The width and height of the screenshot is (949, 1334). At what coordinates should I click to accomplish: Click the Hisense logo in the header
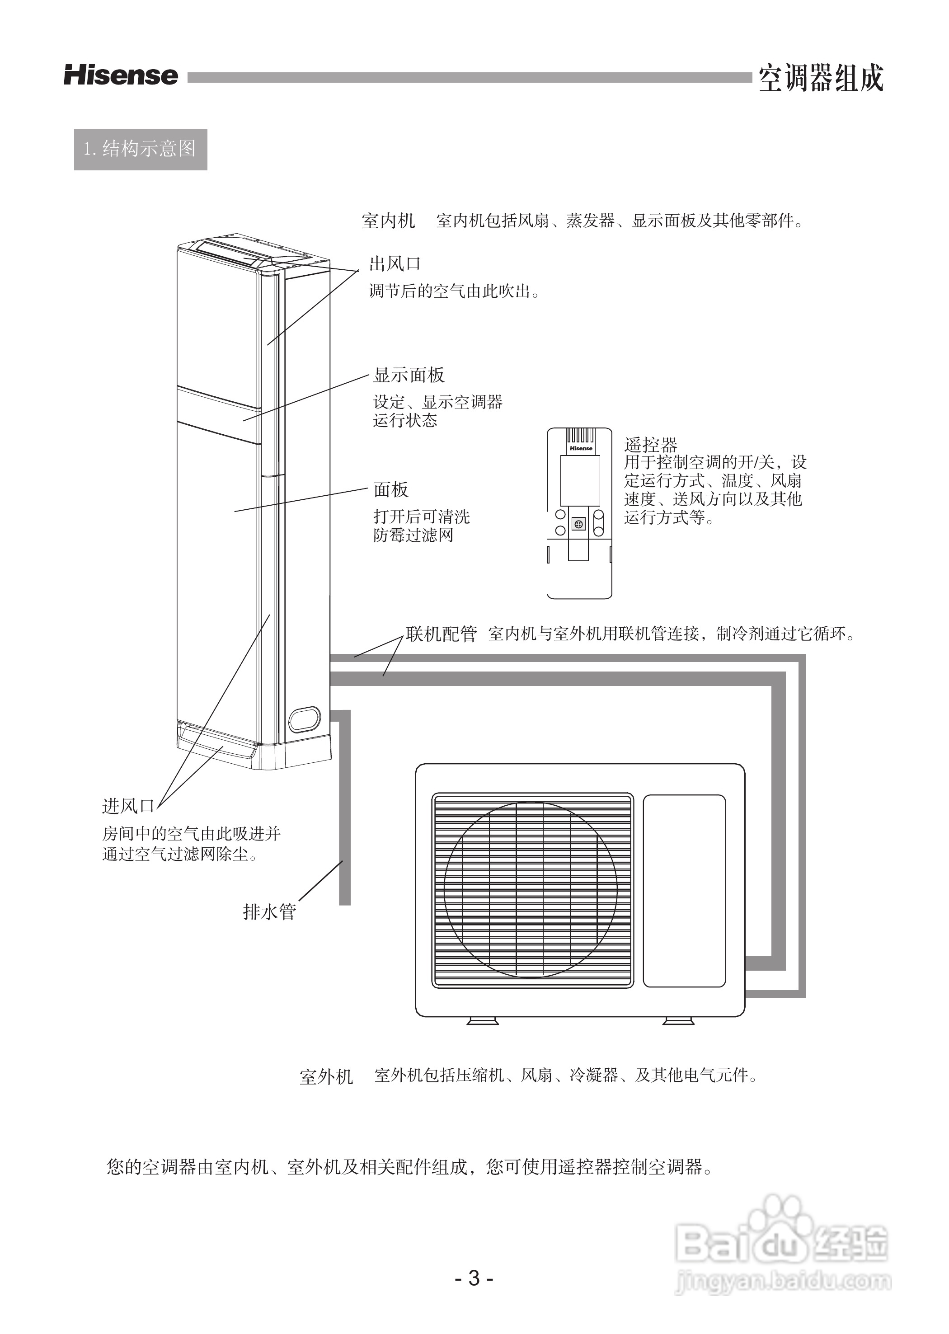tap(121, 76)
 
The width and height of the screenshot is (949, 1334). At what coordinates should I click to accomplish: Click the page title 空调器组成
tap(821, 78)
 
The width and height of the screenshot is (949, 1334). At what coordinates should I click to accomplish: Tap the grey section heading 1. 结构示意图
tap(140, 150)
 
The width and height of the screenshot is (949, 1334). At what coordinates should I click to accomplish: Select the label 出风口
tap(395, 264)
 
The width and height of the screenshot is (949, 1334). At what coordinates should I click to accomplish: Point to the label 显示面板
tap(409, 375)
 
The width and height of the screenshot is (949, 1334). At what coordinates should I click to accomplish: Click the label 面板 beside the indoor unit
tap(391, 490)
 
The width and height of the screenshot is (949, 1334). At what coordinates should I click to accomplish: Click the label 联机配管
tap(442, 634)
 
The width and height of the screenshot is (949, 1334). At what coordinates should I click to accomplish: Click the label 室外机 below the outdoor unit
tap(326, 1077)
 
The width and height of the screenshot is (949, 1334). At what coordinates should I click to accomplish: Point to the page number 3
tap(474, 1278)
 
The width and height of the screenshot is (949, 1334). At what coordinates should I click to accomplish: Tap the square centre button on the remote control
tap(578, 524)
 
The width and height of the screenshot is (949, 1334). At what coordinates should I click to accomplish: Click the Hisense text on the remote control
tap(581, 449)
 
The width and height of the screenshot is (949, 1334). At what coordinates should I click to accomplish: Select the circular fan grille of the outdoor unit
tap(531, 889)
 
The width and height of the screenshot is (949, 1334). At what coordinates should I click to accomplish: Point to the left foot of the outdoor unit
tap(483, 1021)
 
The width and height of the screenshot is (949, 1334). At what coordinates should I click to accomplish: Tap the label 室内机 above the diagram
tap(388, 221)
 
